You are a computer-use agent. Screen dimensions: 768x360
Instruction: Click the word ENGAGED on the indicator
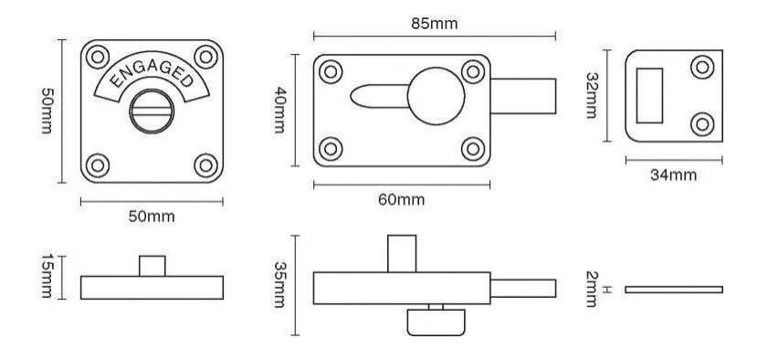click(x=152, y=74)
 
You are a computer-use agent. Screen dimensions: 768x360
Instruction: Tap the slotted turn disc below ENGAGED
click(x=152, y=111)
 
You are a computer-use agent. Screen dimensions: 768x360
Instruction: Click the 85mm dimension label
click(x=435, y=24)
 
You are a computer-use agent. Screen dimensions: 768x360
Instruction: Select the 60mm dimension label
click(x=402, y=200)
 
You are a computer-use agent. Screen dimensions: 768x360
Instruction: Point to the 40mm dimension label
click(x=279, y=110)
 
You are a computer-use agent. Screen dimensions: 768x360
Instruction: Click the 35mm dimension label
click(x=279, y=284)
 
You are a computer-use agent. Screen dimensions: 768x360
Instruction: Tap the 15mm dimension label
click(x=47, y=276)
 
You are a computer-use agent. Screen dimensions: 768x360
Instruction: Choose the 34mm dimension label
click(x=673, y=175)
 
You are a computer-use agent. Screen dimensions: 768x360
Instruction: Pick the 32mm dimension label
click(x=592, y=96)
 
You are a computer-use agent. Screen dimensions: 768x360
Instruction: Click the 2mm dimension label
click(x=592, y=290)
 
